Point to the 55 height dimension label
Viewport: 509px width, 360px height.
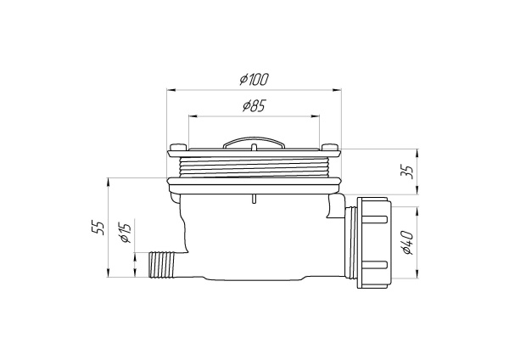[100, 227]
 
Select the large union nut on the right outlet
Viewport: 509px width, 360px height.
[372, 244]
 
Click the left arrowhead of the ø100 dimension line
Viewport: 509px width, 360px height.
[170, 87]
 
